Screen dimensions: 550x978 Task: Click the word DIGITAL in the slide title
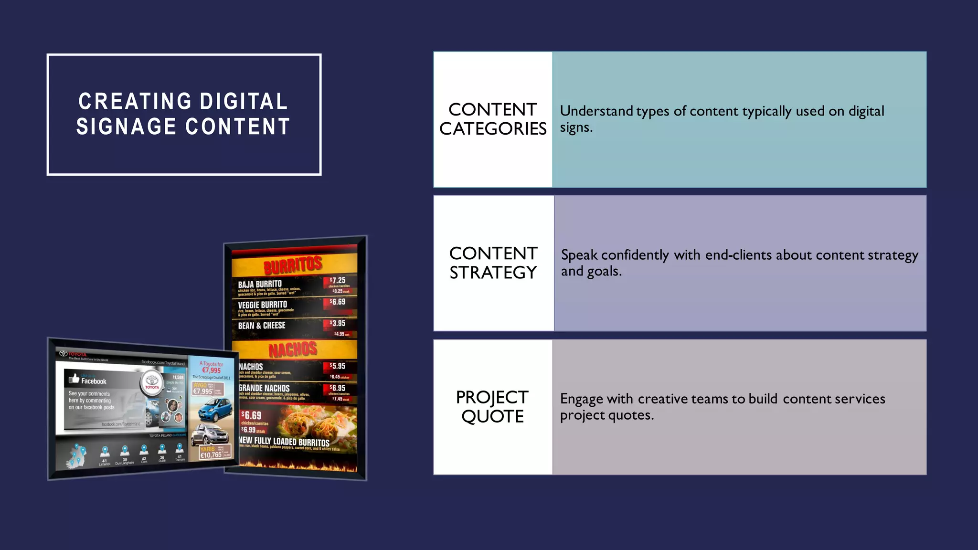244,102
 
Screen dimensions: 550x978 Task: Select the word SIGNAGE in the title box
126,127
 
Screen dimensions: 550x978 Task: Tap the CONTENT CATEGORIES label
493,119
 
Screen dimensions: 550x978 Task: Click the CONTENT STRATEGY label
493,263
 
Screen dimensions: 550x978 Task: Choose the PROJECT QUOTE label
492,407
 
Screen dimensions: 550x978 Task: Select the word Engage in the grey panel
582,399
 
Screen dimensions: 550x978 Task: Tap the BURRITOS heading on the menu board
293,264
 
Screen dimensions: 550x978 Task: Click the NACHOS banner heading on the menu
293,350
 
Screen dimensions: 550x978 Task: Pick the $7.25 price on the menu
338,280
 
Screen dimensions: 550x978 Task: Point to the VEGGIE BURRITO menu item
263,305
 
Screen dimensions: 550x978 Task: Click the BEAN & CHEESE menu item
262,326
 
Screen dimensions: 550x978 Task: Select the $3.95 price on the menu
338,323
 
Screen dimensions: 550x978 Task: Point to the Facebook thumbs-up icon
74,379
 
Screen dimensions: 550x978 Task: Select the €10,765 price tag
211,455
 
